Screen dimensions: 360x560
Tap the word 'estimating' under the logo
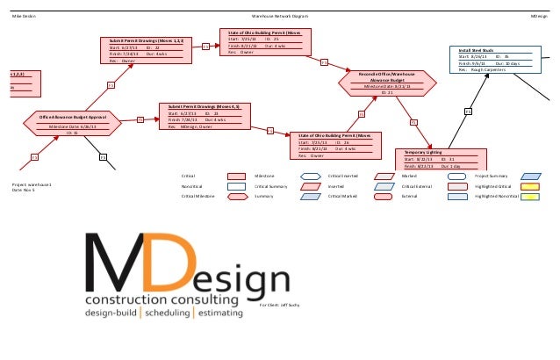click(231, 313)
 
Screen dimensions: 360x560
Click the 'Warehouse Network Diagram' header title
click(280, 17)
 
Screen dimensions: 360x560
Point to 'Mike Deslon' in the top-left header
click(23, 17)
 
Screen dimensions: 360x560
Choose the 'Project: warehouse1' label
click(32, 185)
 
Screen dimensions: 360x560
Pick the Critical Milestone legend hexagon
click(235, 197)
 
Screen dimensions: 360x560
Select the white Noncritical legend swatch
click(235, 187)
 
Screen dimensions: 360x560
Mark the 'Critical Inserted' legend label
click(343, 176)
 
